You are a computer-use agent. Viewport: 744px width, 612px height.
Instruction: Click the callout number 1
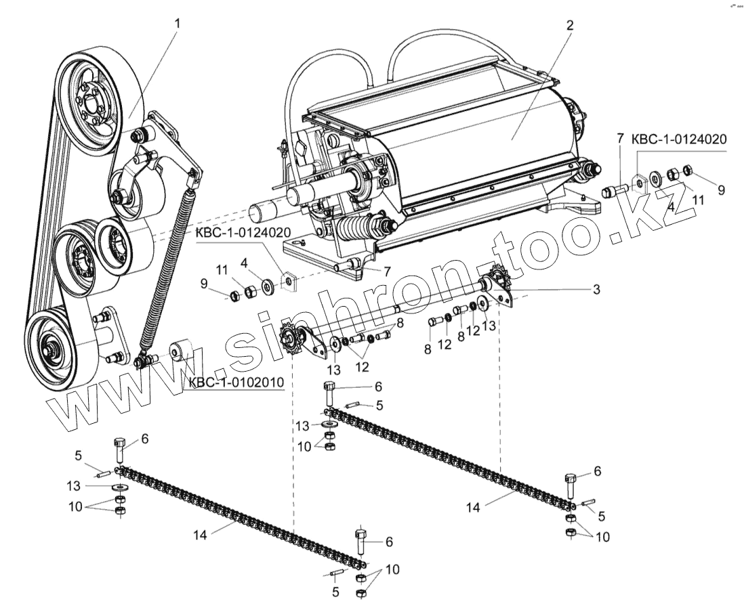pyautogui.click(x=178, y=24)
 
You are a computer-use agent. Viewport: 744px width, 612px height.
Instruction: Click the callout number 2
pyautogui.click(x=569, y=26)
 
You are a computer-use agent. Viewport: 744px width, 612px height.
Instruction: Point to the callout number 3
pyautogui.click(x=596, y=289)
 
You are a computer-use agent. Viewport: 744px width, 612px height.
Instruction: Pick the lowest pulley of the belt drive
pyautogui.click(x=54, y=345)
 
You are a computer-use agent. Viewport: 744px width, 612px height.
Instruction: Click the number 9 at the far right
pyautogui.click(x=721, y=191)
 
